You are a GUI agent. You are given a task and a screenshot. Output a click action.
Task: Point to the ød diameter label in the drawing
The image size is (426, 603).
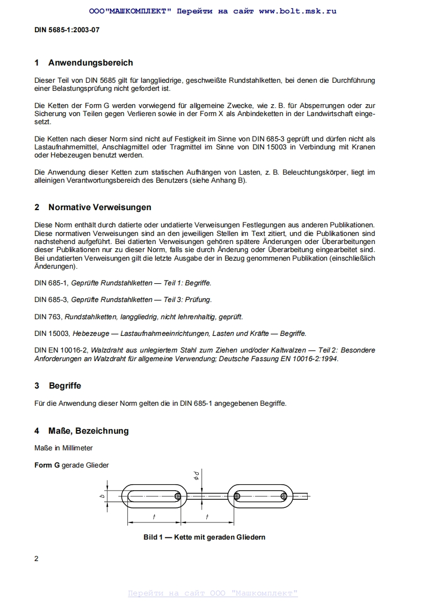(x=197, y=475)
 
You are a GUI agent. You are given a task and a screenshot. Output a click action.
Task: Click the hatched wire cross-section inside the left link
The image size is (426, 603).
(x=178, y=496)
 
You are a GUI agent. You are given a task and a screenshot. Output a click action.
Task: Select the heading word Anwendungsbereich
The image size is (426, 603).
(x=90, y=63)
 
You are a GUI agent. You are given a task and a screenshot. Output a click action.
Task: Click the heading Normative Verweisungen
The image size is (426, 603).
(x=99, y=207)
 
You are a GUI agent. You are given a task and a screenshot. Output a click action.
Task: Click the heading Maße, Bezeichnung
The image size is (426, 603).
(x=88, y=431)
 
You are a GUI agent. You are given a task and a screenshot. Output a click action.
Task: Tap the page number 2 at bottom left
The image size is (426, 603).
(x=37, y=558)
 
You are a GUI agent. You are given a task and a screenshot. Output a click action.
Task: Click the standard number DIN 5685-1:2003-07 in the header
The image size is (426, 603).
(x=67, y=30)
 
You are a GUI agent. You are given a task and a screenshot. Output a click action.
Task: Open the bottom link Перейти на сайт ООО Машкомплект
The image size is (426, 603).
(x=213, y=593)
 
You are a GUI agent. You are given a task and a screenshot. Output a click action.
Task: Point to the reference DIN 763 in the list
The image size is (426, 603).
(x=49, y=317)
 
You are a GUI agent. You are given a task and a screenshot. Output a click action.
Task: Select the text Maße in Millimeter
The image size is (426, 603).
(x=63, y=448)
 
